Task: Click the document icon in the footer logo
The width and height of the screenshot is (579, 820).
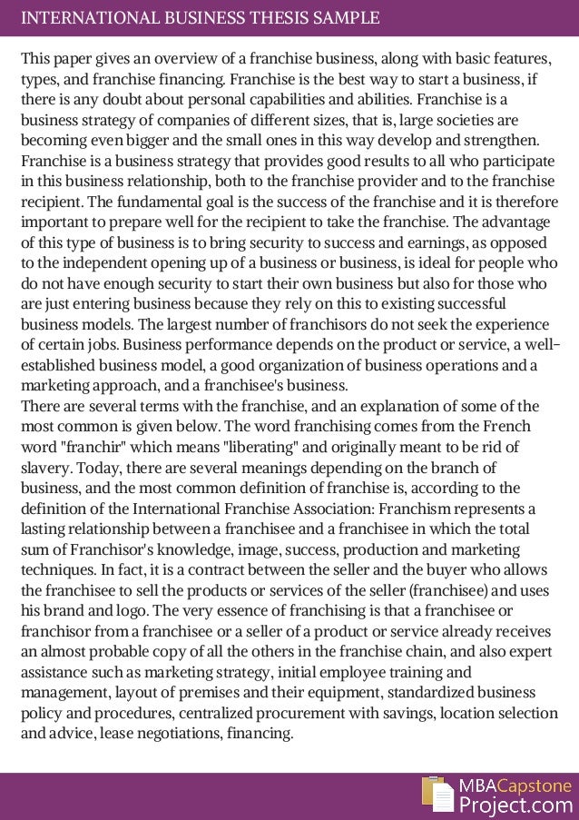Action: [x=437, y=793]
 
